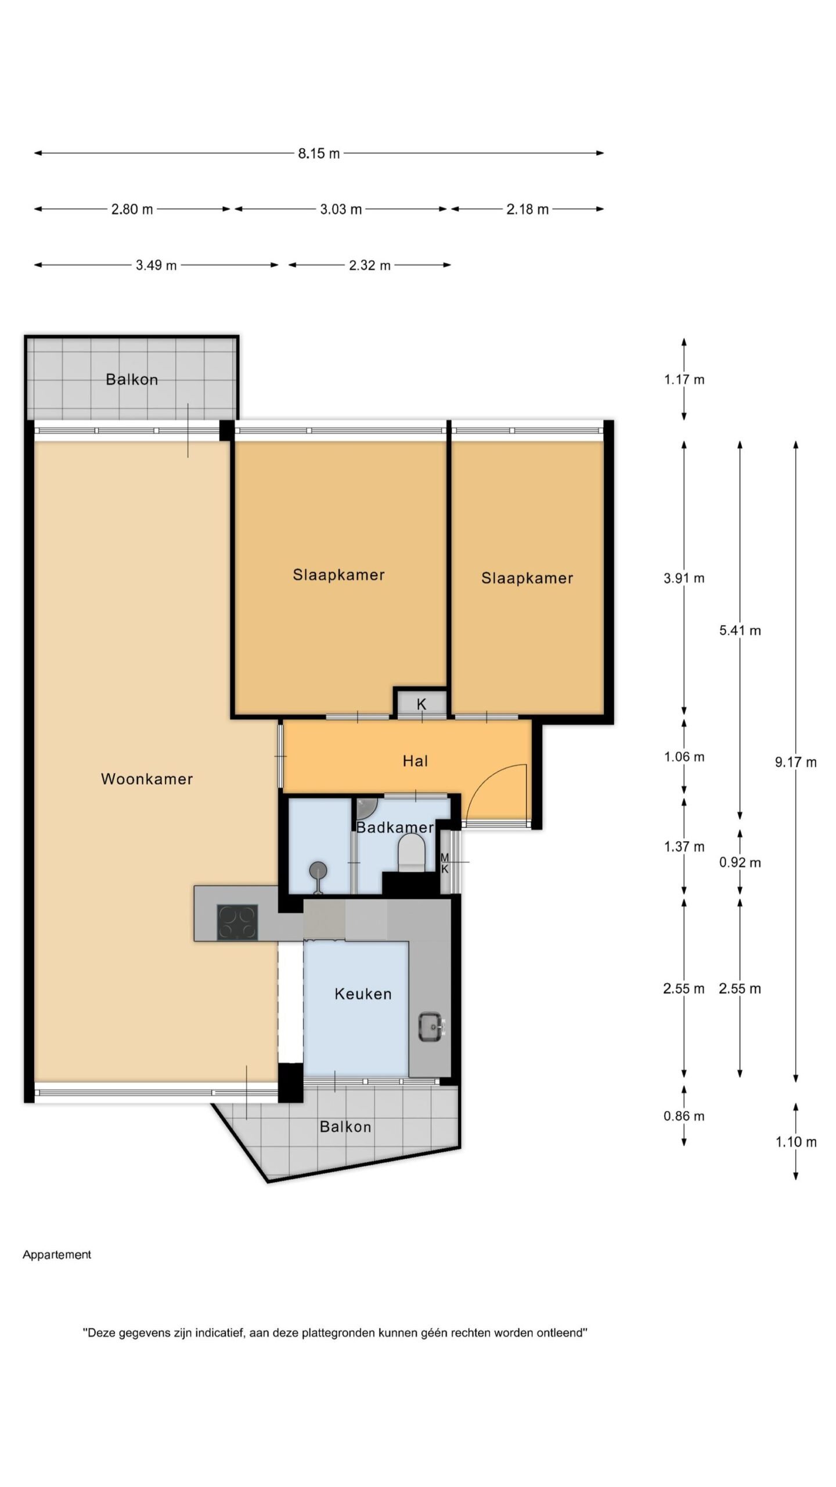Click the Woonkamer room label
point(147,779)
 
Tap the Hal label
point(416,761)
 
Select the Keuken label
point(363,994)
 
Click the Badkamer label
point(395,828)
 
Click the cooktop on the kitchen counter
point(237,923)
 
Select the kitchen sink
point(431,1027)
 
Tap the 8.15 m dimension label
point(319,154)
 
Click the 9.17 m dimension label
point(795,763)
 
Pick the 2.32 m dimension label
point(370,265)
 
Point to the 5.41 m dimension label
point(740,630)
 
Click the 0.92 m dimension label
point(740,863)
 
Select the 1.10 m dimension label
point(796,1142)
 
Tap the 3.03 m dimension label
point(341,209)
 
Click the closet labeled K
point(421,703)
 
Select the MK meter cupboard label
point(445,863)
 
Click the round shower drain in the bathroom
point(318,870)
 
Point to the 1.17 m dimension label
point(684,380)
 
